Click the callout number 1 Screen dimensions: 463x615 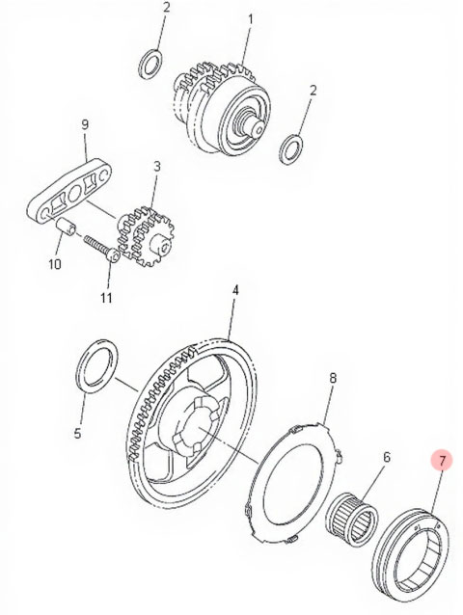[x=251, y=19]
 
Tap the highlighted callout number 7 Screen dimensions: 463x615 [x=442, y=461]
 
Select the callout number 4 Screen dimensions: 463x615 [x=235, y=291]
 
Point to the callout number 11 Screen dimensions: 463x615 [x=106, y=298]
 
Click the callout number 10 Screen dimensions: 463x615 [x=55, y=263]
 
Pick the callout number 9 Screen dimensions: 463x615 [x=85, y=124]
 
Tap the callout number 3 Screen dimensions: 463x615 [x=157, y=167]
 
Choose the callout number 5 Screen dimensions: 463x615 [x=77, y=433]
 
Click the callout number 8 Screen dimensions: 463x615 [x=333, y=378]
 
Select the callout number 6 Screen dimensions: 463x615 [x=387, y=457]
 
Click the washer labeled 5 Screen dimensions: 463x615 [x=96, y=366]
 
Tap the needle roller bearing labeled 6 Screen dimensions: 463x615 [x=351, y=519]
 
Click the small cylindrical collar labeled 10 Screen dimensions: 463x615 [x=67, y=227]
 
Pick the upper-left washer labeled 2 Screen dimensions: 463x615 [x=151, y=64]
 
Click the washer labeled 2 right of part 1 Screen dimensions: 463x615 [x=291, y=149]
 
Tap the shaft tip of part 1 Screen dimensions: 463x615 [x=259, y=128]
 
